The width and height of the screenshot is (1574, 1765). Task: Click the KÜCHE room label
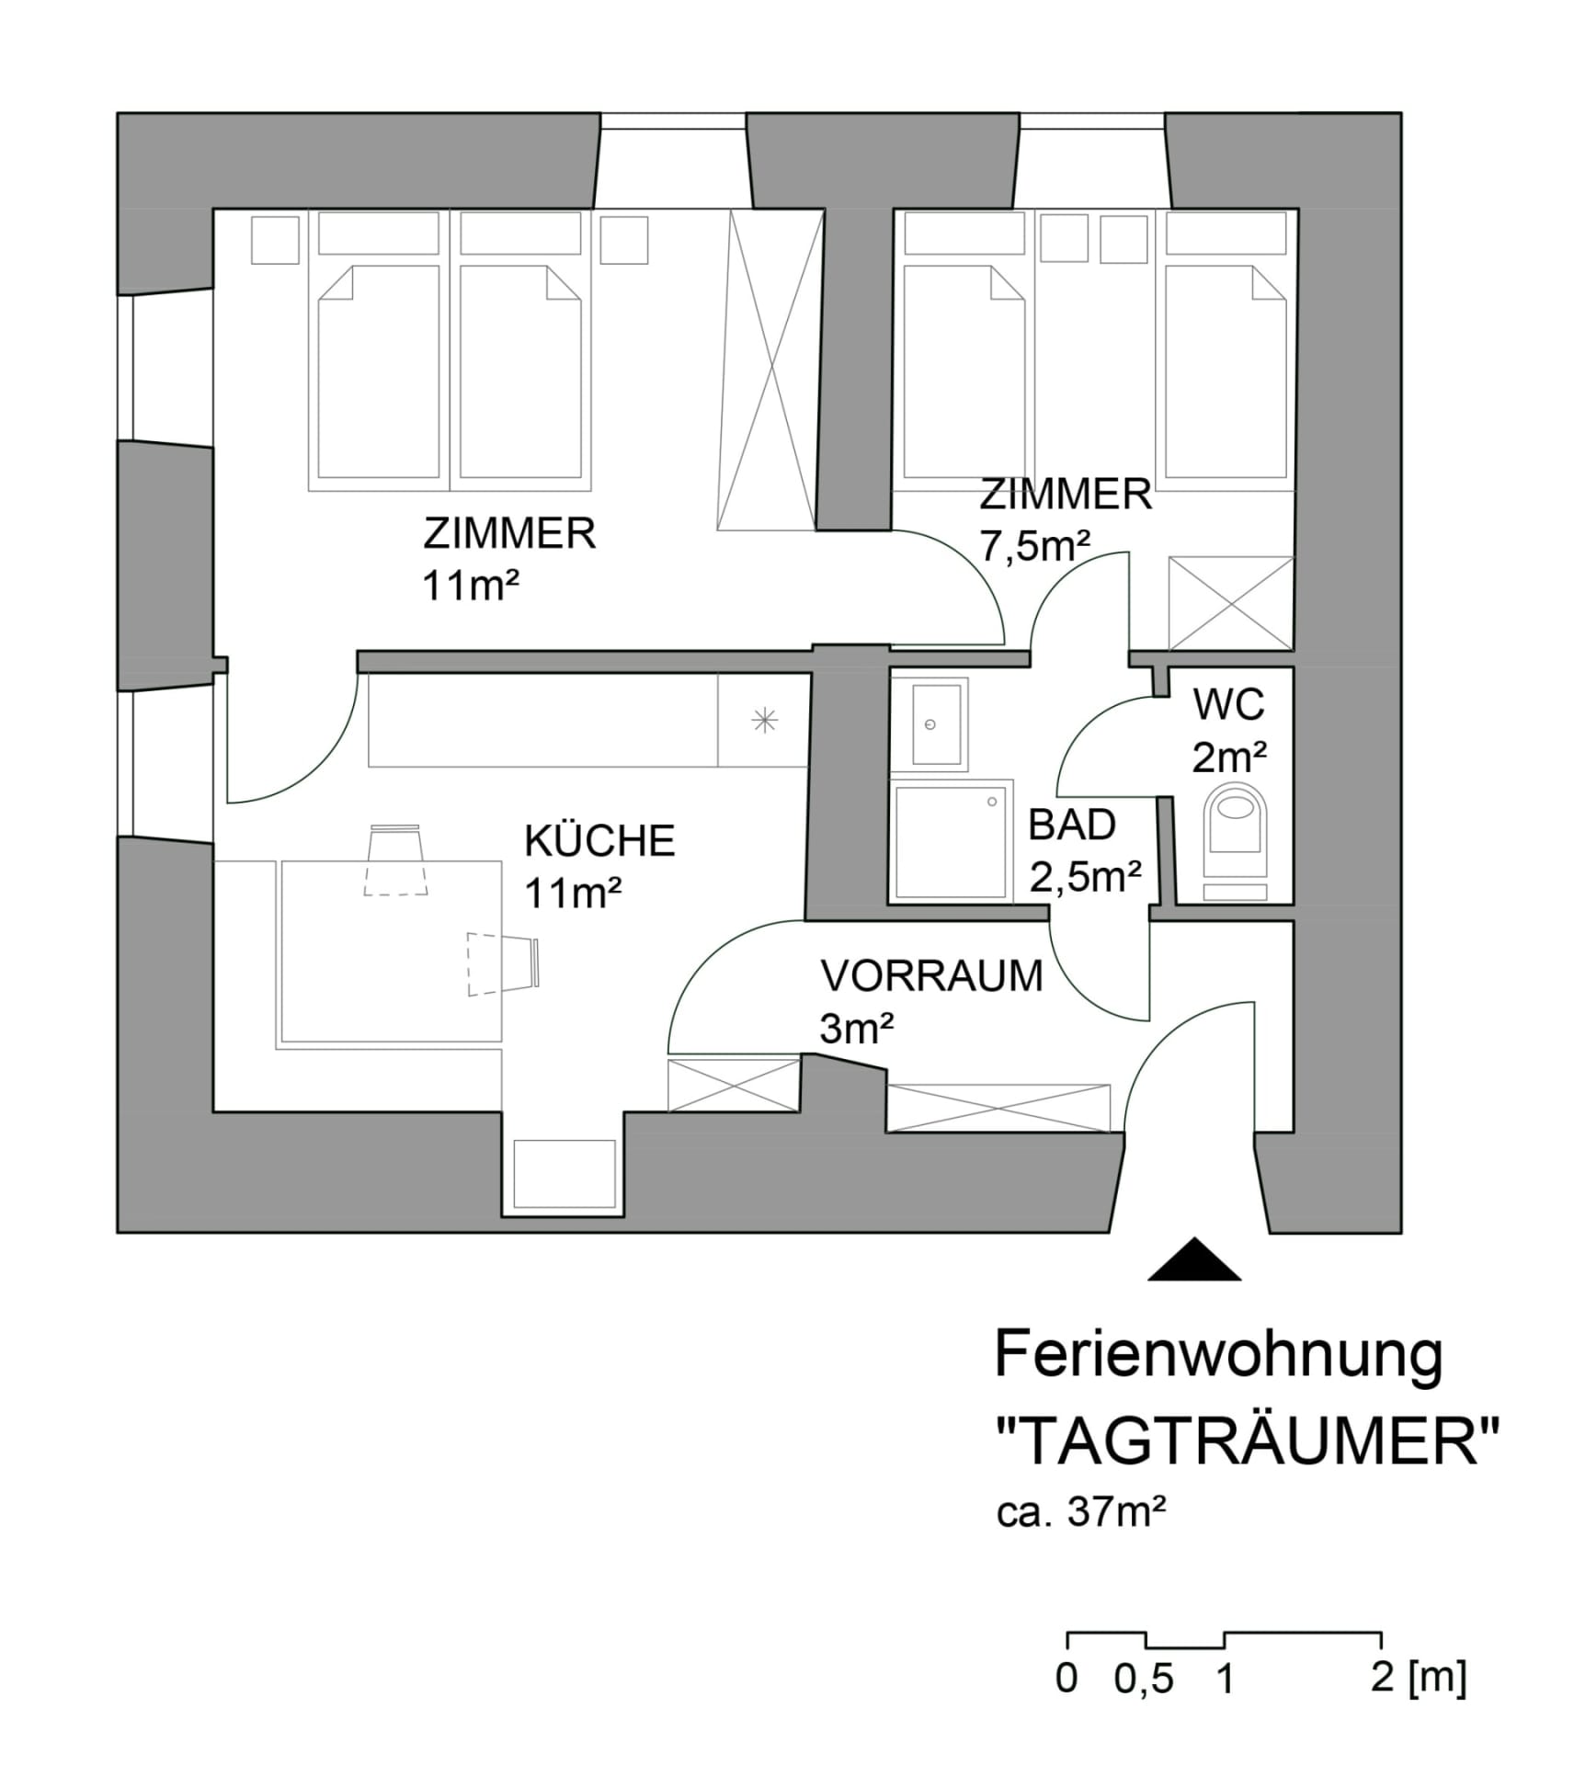tap(599, 841)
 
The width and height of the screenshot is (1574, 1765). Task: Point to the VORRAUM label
tap(931, 976)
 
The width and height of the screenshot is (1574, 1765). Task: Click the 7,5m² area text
tap(1034, 547)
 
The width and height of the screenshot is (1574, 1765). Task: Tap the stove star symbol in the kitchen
tap(764, 721)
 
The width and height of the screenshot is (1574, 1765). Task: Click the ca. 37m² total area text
tap(1081, 1513)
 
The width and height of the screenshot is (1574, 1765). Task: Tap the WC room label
tap(1228, 705)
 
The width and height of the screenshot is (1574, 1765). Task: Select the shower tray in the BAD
tap(951, 840)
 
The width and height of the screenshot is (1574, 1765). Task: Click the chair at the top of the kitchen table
tap(395, 860)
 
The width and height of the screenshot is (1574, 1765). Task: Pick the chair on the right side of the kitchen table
tap(503, 964)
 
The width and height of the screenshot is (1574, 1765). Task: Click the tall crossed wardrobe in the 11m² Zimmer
tap(770, 370)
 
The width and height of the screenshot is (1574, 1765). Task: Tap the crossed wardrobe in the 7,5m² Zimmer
tap(1230, 603)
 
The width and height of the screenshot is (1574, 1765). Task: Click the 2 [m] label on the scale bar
tap(1418, 1678)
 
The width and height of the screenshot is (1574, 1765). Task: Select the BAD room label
tap(1072, 825)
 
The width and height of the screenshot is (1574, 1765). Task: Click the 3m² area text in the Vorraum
tap(856, 1029)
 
